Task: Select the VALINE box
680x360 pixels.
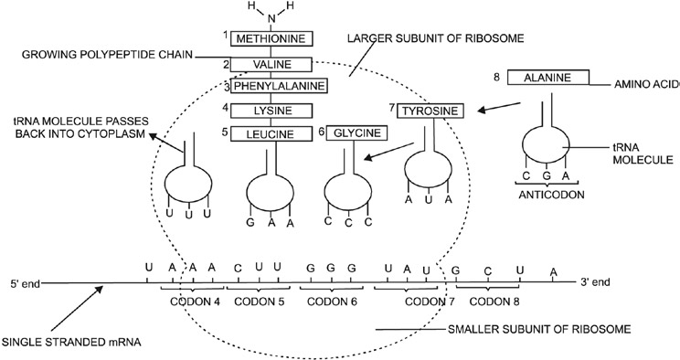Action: click(271, 65)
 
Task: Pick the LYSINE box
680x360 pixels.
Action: click(271, 111)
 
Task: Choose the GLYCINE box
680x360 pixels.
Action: click(356, 133)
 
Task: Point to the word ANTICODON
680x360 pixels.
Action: click(547, 193)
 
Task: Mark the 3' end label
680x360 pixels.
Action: click(600, 282)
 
